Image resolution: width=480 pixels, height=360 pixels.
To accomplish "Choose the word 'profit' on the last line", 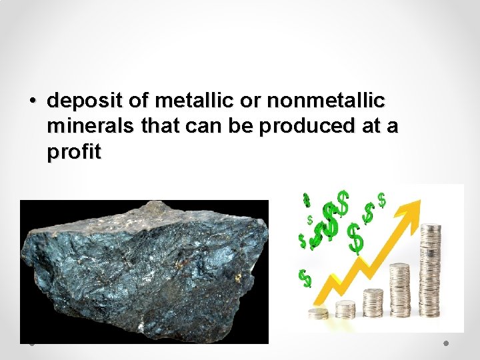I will (74, 153).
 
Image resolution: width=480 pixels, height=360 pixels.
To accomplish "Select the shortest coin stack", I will (318, 313).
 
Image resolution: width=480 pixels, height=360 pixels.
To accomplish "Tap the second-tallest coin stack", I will (400, 290).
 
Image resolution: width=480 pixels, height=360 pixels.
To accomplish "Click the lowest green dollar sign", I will (305, 277).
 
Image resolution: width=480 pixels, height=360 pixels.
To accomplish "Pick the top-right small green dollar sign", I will (381, 199).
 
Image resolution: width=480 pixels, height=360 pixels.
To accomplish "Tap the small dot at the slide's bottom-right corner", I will (446, 343).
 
